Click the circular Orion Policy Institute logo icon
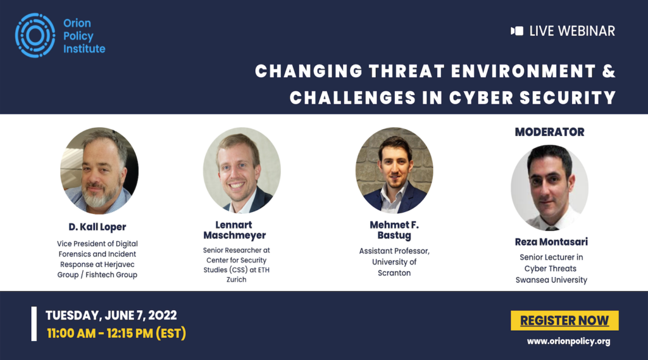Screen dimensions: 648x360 click(35, 35)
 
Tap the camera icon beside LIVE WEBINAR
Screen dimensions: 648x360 click(517, 31)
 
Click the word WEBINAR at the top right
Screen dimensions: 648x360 click(587, 31)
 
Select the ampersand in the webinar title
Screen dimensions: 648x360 click(609, 71)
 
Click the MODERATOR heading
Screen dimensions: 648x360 click(550, 132)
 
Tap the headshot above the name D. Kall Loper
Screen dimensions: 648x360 click(99, 170)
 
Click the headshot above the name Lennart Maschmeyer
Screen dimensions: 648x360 click(242, 170)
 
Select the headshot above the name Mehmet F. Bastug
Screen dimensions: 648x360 click(394, 170)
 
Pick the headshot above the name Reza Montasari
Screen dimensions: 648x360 click(550, 188)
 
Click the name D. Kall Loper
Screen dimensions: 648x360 click(97, 227)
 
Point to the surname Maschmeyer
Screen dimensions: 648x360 click(234, 235)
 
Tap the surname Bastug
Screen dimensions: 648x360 click(394, 235)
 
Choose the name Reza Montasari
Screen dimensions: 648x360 click(551, 242)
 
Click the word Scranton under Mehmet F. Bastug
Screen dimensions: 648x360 click(394, 273)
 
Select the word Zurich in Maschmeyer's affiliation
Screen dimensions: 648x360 click(237, 280)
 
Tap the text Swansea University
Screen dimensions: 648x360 click(551, 280)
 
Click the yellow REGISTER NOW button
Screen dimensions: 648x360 click(564, 320)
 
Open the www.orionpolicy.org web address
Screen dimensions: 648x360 click(569, 342)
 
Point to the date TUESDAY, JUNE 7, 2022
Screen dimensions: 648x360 click(111, 315)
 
